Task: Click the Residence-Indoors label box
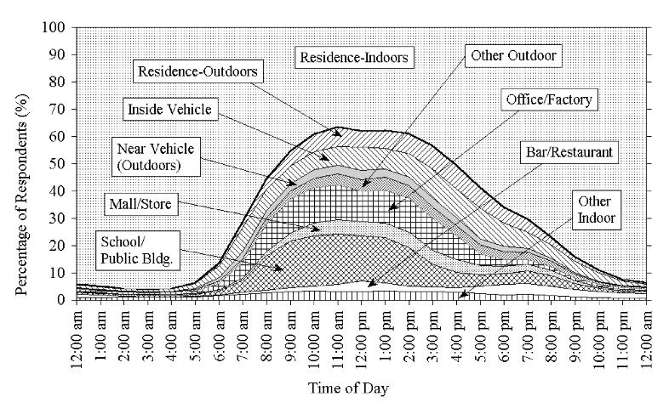354,57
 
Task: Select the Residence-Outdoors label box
197,71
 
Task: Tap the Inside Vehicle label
170,110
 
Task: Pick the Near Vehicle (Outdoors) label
155,156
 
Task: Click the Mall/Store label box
140,203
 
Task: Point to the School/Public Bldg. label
137,251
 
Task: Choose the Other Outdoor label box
513,55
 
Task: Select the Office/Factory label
549,99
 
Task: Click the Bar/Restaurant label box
569,152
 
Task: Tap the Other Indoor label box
596,210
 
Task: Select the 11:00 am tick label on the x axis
338,336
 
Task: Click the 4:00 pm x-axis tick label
456,336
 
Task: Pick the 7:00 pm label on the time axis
528,336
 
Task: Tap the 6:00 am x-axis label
220,336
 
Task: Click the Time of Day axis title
348,388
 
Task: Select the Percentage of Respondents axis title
21,194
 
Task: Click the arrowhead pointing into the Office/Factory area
392,208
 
